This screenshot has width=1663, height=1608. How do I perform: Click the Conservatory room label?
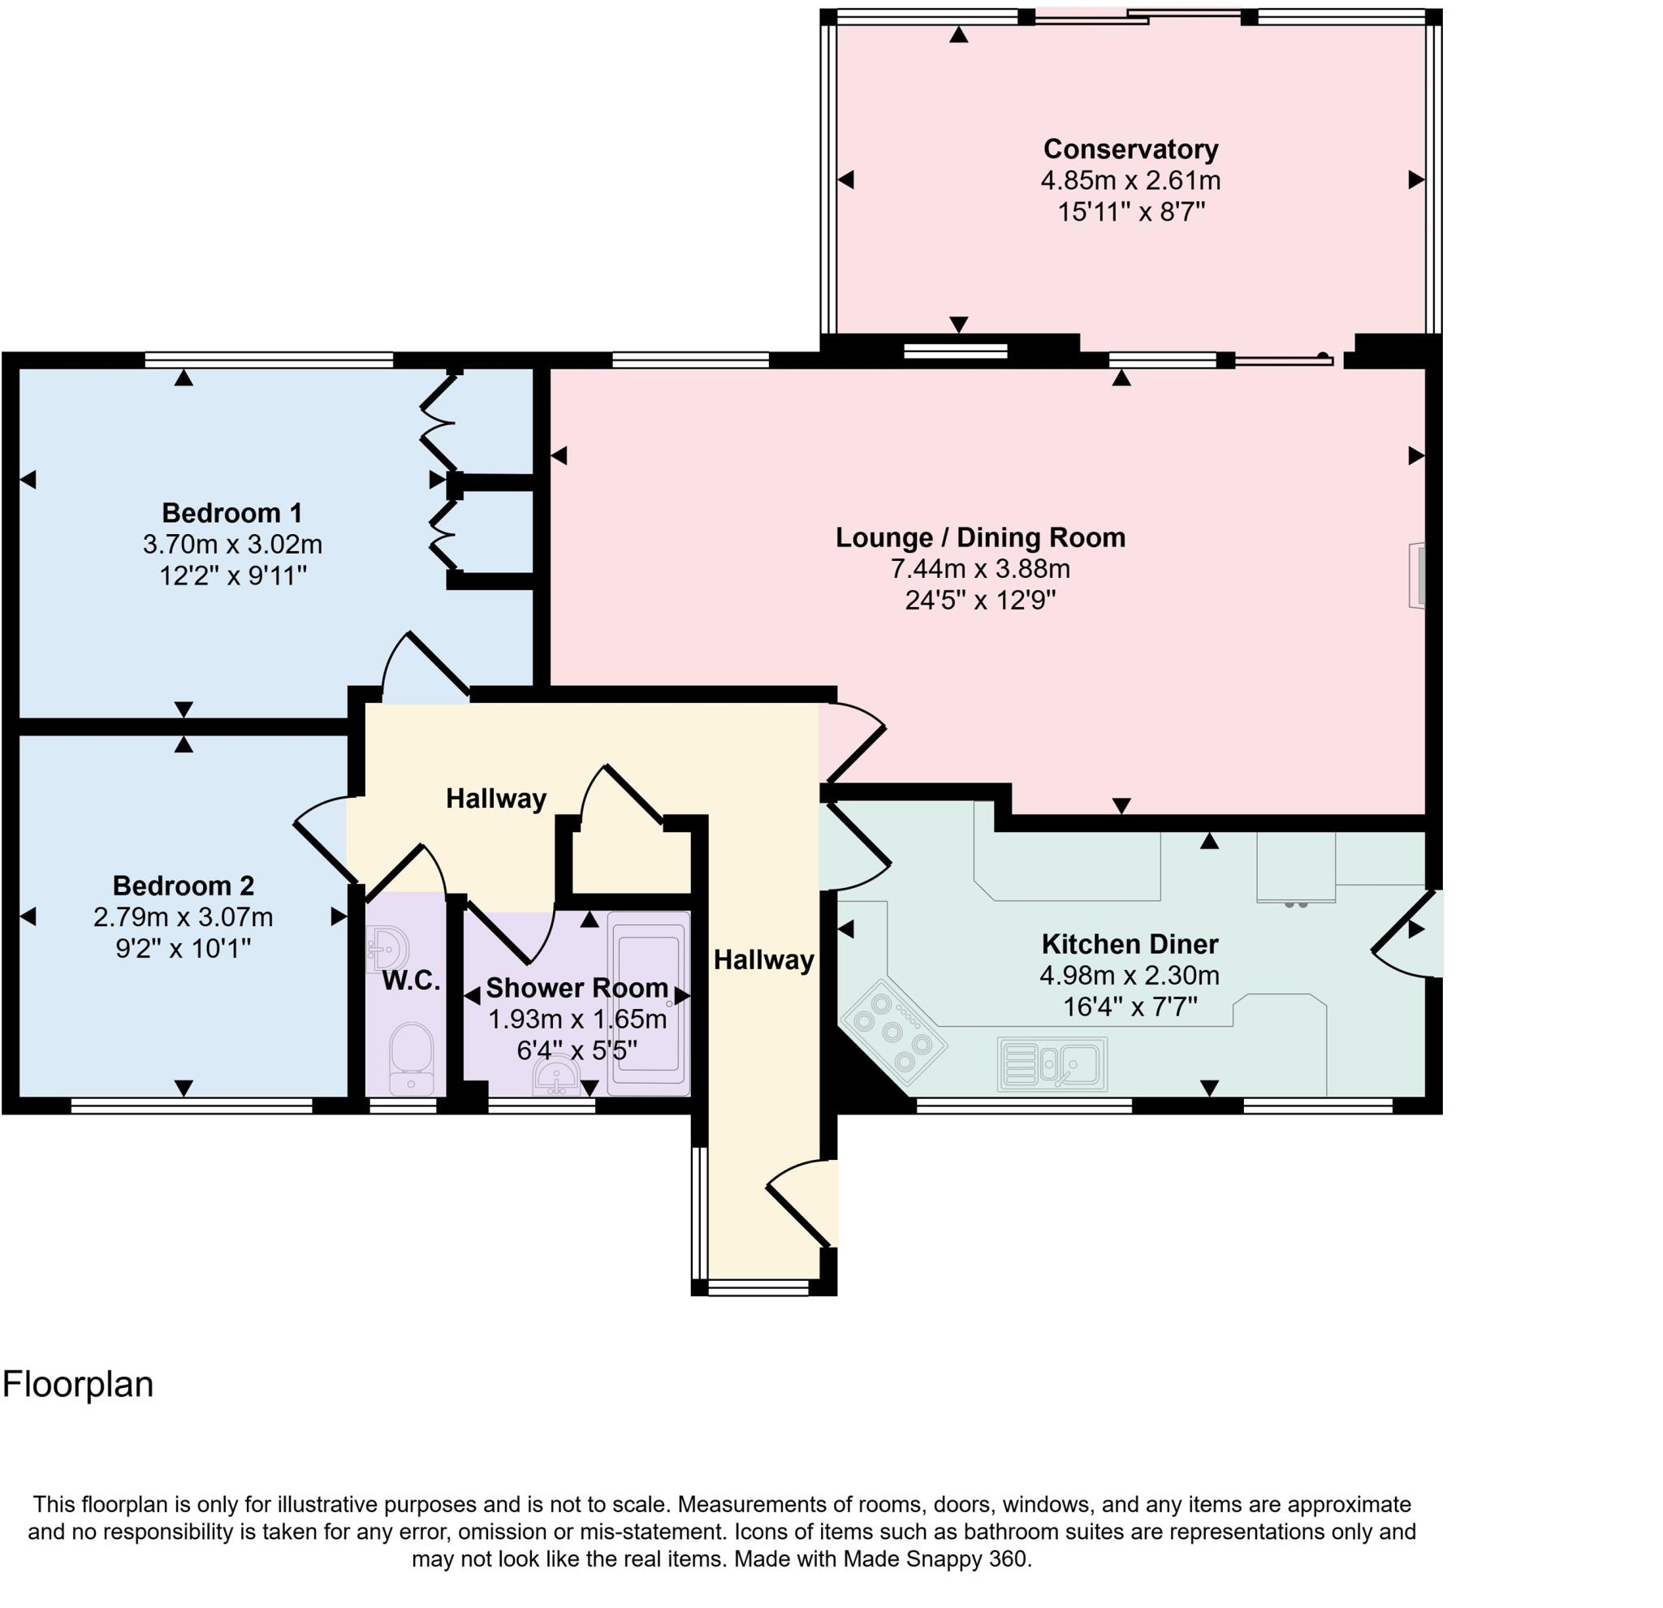pyautogui.click(x=1130, y=149)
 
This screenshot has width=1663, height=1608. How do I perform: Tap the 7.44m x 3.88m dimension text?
pyautogui.click(x=979, y=569)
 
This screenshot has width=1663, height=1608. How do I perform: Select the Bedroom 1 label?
pyautogui.click(x=231, y=513)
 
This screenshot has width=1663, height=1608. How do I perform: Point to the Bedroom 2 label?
pyautogui.click(x=184, y=886)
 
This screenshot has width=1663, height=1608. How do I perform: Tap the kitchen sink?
pyautogui.click(x=1052, y=1064)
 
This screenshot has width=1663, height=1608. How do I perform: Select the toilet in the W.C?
pyautogui.click(x=412, y=1057)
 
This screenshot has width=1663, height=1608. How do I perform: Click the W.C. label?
pyautogui.click(x=412, y=981)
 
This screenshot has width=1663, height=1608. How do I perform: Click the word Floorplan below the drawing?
pyautogui.click(x=78, y=1385)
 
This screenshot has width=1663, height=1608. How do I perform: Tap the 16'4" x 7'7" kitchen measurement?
pyautogui.click(x=1130, y=1007)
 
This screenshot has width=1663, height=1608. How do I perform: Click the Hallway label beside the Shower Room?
pyautogui.click(x=763, y=960)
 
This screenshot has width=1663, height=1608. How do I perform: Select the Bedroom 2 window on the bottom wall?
pyautogui.click(x=192, y=1105)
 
